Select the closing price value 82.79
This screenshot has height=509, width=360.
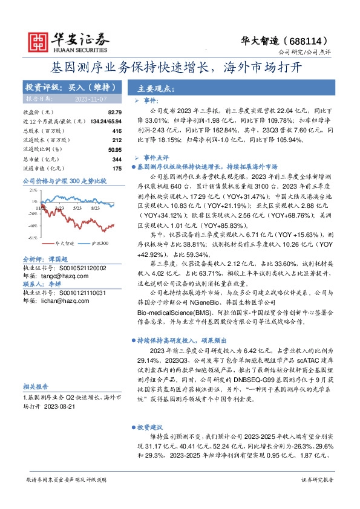pyautogui.click(x=115, y=112)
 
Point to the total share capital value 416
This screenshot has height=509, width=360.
pyautogui.click(x=117, y=131)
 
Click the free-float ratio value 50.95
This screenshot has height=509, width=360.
pyautogui.click(x=114, y=149)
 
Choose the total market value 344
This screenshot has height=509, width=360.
pyautogui.click(x=117, y=158)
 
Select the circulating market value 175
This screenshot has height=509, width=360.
pyautogui.click(x=117, y=168)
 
